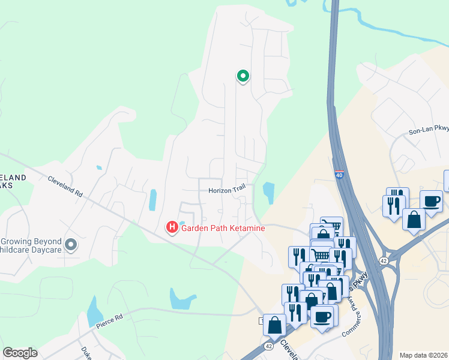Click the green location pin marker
[243, 76]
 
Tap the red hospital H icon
[172, 227]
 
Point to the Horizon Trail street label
[227, 190]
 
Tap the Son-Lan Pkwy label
[429, 129]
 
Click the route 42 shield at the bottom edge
[267, 346]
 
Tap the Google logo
[20, 353]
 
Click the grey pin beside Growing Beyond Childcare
[71, 244]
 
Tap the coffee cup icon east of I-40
[432, 201]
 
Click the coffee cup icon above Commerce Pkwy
[321, 316]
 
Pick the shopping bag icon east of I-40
[414, 219]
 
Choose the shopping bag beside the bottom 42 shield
[274, 325]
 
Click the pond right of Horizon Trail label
[268, 193]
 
